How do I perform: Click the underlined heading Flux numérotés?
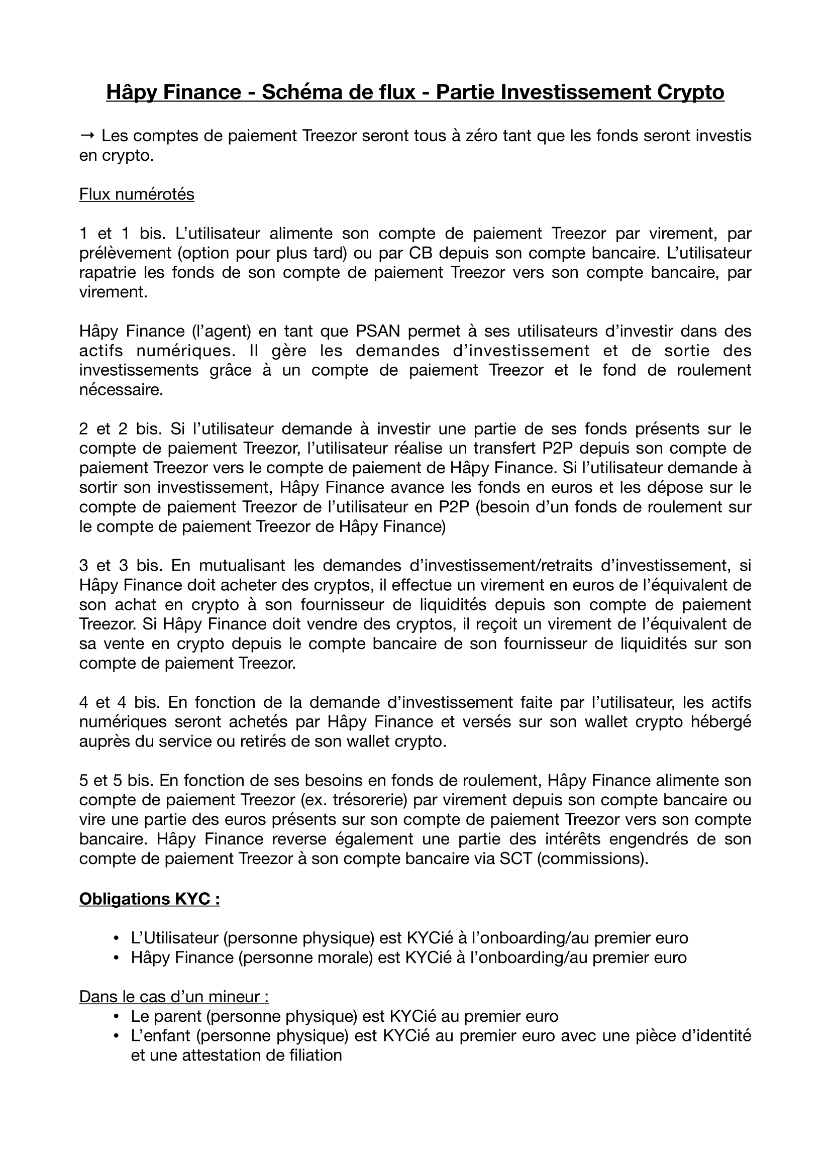(137, 194)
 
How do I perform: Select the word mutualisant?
(242, 566)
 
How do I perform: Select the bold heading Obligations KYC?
(149, 899)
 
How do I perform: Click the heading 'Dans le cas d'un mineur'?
(174, 997)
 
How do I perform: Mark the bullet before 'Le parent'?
(117, 1016)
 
